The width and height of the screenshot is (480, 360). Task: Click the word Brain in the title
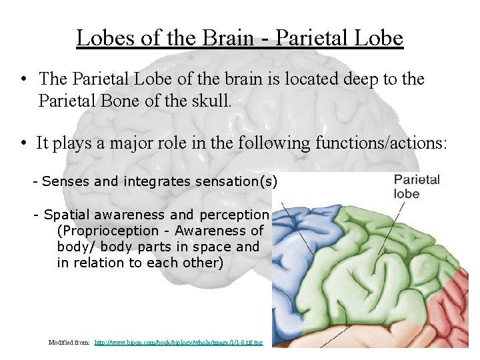pyautogui.click(x=227, y=37)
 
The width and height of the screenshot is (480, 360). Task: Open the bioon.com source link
pyautogui.click(x=179, y=342)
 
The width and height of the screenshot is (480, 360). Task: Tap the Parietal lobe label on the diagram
pyautogui.click(x=417, y=186)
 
